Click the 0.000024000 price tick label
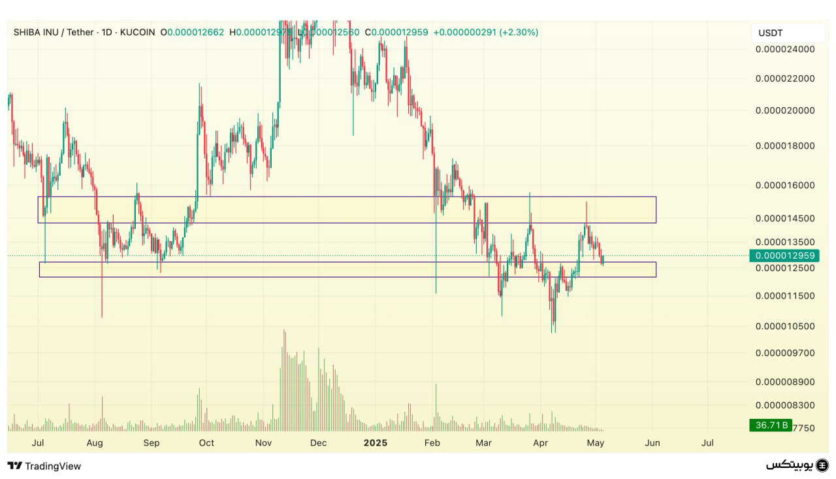pos(784,49)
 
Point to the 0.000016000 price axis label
pos(784,185)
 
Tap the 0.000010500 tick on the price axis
pos(784,326)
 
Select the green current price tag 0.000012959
pos(784,256)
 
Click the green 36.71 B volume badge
pos(771,425)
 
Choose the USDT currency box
pos(771,33)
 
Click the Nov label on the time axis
pos(263,443)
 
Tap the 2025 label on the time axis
pos(376,443)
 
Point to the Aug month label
pos(95,443)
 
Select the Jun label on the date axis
pos(652,443)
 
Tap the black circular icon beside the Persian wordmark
pos(822,465)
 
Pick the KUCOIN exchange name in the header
pos(138,32)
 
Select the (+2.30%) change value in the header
pos(519,32)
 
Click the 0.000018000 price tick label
pos(784,146)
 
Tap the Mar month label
pos(484,443)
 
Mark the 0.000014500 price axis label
pos(784,218)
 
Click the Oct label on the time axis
pos(206,443)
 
